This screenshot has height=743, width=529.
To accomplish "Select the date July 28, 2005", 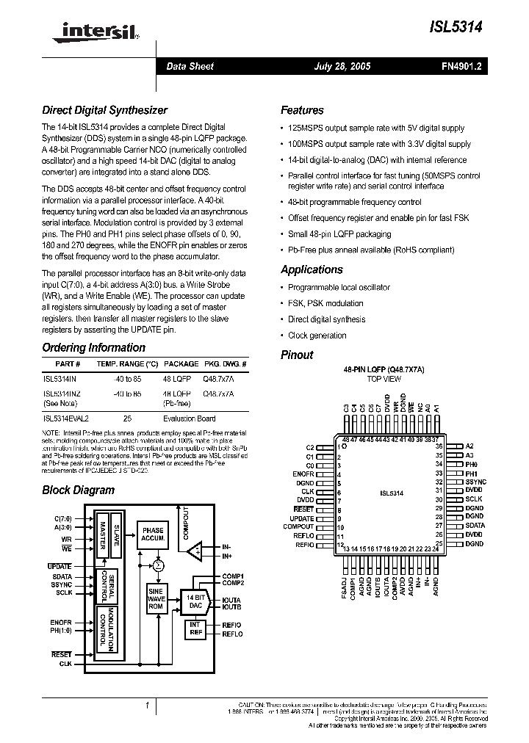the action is (x=342, y=66).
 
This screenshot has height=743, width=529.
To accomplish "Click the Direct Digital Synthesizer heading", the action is (x=104, y=110).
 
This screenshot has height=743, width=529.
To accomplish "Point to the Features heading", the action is (x=302, y=110).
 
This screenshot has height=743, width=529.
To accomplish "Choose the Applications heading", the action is (x=312, y=269).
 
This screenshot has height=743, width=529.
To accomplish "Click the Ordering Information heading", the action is (x=93, y=347).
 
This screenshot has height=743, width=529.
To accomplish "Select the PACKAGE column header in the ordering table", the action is (x=181, y=364).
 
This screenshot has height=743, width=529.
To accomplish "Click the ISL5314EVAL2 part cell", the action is (x=66, y=418).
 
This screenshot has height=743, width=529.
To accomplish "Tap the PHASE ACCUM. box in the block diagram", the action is (x=153, y=534).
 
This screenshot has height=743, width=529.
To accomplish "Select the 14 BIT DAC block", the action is (x=195, y=601).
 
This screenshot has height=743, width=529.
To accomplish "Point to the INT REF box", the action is (x=195, y=629).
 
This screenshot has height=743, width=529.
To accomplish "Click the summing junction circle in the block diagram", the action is (x=157, y=565).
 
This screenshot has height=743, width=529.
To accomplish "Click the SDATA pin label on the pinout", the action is (x=475, y=525).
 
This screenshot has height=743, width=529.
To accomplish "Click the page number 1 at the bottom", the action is (x=148, y=706).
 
